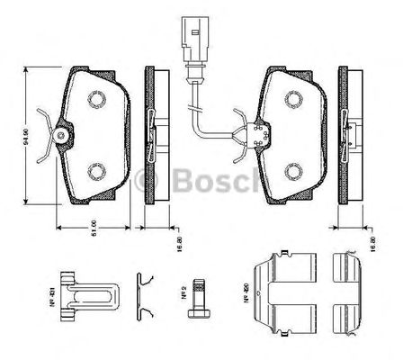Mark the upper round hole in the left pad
(x=96, y=96)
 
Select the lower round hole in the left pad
(x=96, y=170)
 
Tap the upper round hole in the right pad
(x=294, y=96)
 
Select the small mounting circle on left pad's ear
(x=60, y=137)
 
